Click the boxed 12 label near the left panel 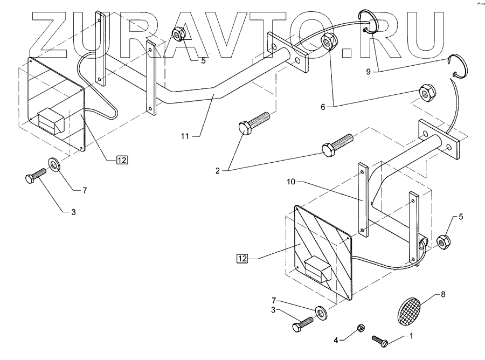(122, 160)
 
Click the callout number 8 (444, 294)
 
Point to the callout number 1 (412, 335)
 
